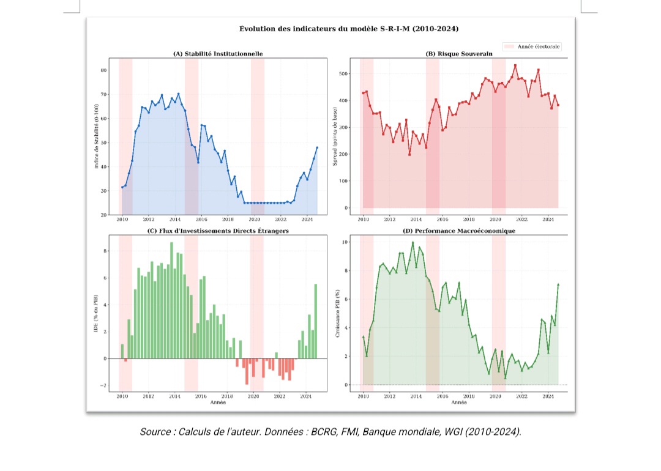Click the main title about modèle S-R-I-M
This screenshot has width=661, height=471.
coord(349,29)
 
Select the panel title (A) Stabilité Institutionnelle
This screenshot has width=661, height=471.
coord(218,54)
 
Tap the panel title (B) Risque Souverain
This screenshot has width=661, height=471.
coord(459,54)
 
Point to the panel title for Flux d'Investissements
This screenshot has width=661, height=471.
coord(218,231)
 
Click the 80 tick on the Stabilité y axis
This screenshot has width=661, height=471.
coord(103,70)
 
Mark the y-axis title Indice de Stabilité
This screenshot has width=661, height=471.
coord(95,136)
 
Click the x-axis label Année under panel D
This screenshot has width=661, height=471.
coord(459,402)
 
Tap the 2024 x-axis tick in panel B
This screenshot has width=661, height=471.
coord(548,219)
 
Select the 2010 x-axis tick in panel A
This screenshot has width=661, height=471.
coord(122,219)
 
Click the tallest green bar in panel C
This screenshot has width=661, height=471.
coord(171,300)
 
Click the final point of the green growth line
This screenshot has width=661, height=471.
coord(558,284)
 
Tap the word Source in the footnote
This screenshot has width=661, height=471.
coord(155,432)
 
